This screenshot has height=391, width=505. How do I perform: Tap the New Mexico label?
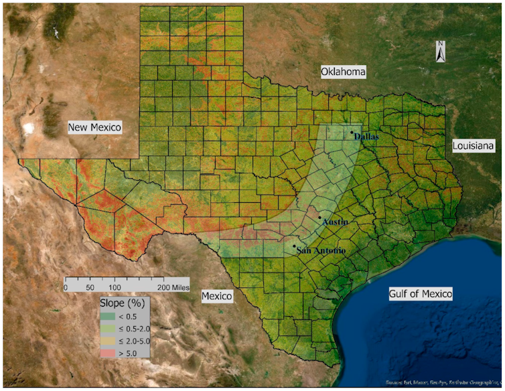point(94,127)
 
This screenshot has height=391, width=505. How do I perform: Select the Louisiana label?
point(473,145)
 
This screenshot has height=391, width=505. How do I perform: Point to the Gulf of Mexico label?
point(421,293)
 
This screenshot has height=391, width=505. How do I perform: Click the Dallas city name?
point(366,136)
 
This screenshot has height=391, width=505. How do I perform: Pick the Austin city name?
point(335,222)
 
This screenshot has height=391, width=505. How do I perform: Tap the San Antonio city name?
point(321,250)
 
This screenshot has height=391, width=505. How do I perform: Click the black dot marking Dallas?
point(352,133)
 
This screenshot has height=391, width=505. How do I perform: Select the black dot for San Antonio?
point(295,246)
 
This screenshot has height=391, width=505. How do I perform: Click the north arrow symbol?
point(440,52)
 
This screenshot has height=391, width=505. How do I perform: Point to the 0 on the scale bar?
point(66,287)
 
